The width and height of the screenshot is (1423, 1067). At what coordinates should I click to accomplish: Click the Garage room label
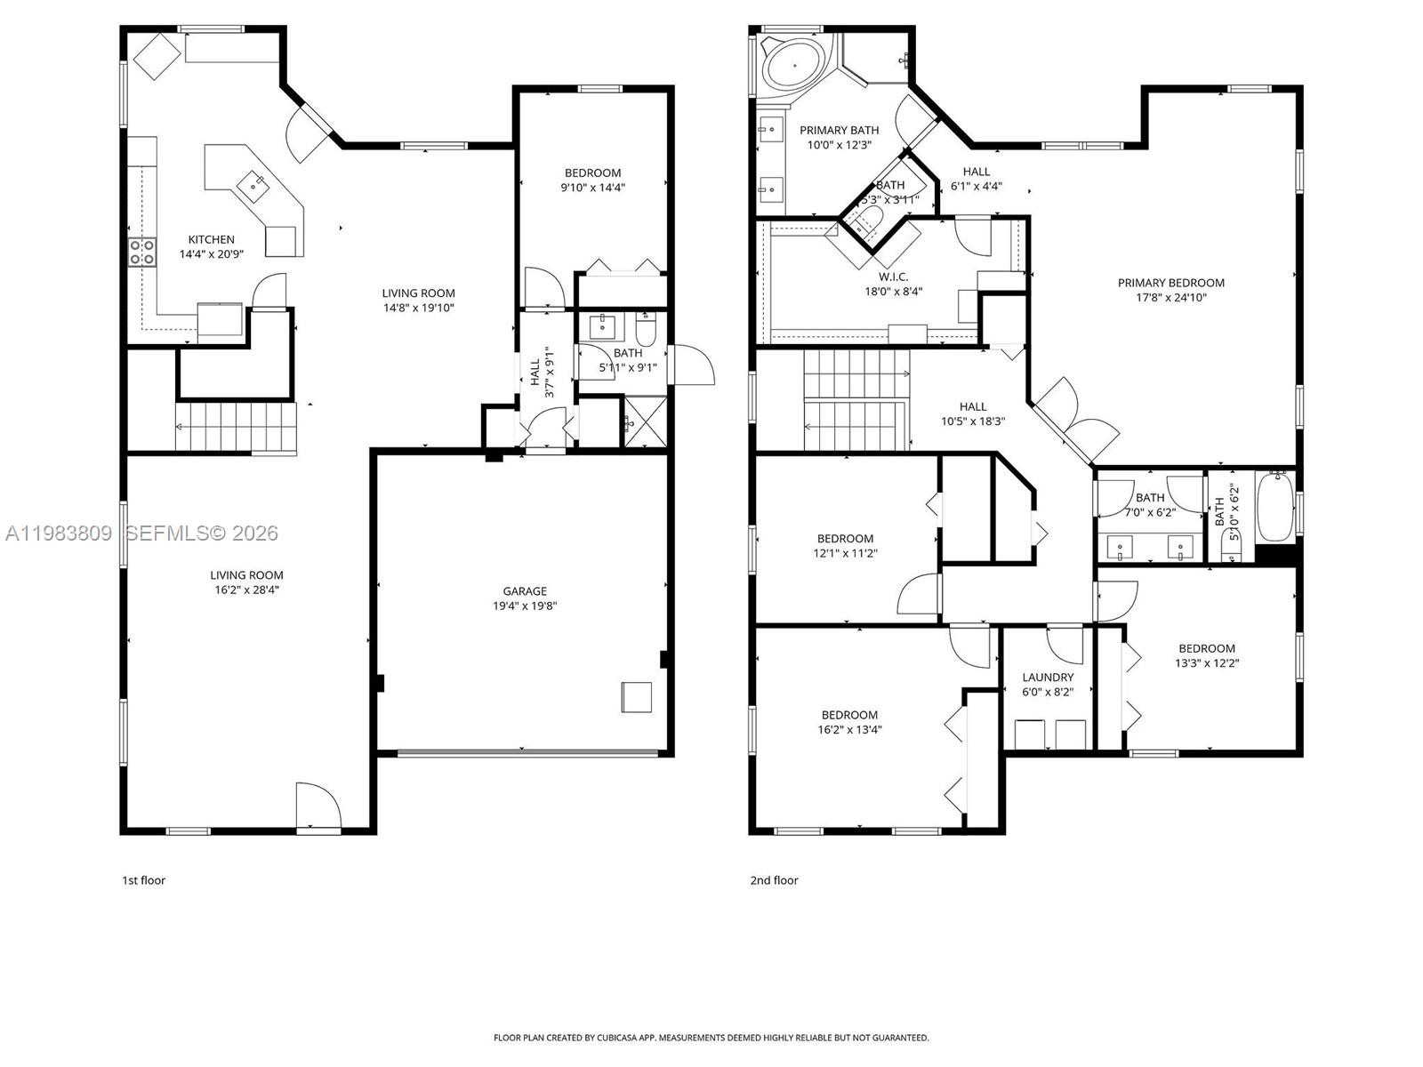click(x=525, y=590)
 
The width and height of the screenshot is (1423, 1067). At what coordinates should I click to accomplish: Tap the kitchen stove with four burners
click(x=142, y=252)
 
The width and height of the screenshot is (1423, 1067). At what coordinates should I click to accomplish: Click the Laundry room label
click(x=1048, y=677)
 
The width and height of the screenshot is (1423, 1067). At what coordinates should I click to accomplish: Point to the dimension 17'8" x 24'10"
click(x=1171, y=298)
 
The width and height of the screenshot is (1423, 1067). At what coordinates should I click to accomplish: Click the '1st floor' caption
click(x=143, y=880)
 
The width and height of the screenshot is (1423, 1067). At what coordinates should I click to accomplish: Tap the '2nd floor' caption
click(x=774, y=880)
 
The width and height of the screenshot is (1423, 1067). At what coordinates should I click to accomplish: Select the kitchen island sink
click(x=257, y=184)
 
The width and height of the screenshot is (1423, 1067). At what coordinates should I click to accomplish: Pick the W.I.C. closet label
click(x=893, y=277)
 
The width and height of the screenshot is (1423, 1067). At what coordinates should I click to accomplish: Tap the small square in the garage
click(x=637, y=696)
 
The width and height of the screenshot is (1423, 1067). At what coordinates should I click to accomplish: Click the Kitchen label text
click(x=212, y=239)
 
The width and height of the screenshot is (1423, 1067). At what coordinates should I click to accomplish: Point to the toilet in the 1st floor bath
click(x=646, y=331)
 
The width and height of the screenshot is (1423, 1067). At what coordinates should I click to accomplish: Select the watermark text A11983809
click(x=59, y=533)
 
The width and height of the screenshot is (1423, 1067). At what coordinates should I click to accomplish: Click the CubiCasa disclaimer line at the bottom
click(x=711, y=1038)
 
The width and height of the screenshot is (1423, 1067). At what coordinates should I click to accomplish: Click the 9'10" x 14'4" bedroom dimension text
click(x=592, y=188)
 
